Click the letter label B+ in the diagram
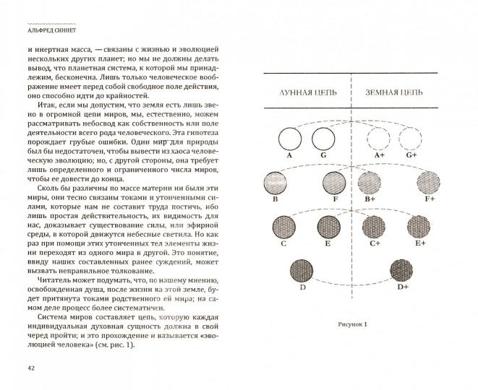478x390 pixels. pos(370,199)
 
